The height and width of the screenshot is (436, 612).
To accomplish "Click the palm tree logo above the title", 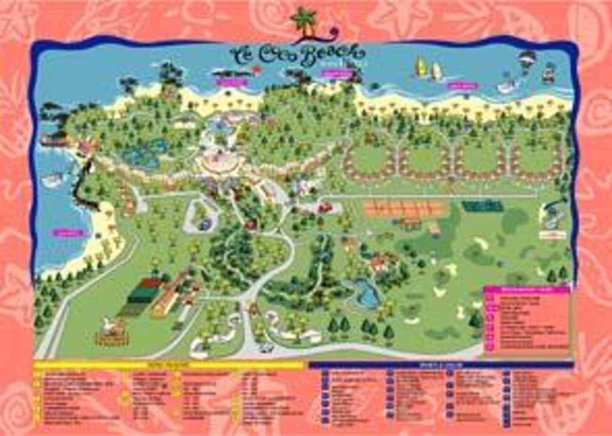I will [304, 22].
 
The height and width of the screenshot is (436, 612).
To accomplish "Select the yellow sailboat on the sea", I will [420, 67].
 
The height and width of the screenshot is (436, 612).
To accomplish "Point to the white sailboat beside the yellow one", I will [436, 71].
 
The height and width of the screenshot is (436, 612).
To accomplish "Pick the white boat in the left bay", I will [52, 180].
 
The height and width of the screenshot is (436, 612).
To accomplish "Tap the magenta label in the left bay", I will [68, 232].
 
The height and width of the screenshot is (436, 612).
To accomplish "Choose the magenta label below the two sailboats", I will [462, 86].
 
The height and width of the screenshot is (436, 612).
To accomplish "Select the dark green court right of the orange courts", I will [482, 206].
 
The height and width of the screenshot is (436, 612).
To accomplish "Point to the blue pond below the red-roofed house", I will [365, 294].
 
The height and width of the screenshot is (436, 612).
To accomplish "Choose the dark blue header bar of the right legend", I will [441, 365].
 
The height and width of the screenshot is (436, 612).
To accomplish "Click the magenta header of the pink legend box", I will [526, 289].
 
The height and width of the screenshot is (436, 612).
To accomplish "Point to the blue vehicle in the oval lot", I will [205, 224].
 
